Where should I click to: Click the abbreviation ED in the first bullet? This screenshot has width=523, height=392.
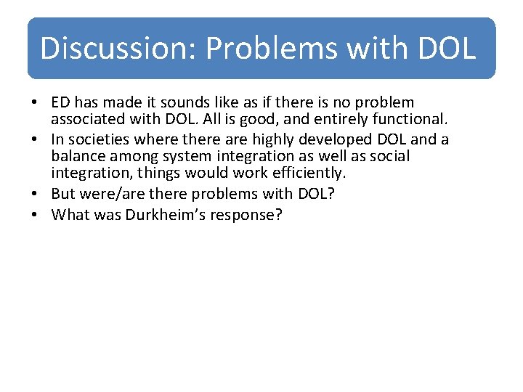point(62,103)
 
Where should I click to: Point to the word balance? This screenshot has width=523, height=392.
point(79,156)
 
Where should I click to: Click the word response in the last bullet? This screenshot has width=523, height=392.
point(253,216)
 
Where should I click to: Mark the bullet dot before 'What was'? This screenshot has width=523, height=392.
point(36,215)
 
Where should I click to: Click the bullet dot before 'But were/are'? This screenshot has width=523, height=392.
point(36,194)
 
